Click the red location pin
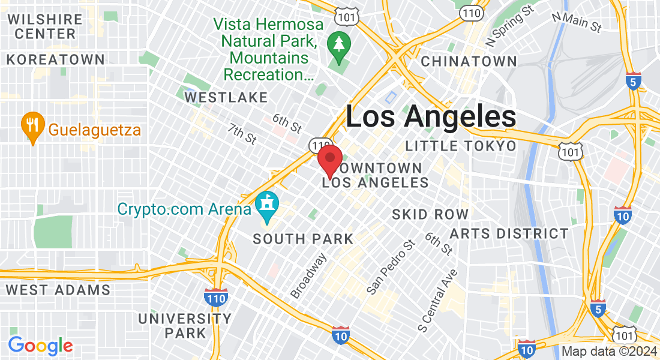(329, 160)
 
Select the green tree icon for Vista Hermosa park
(338, 46)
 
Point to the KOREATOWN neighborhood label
(56, 60)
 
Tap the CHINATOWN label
(469, 61)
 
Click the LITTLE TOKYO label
(460, 146)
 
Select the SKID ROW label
(430, 214)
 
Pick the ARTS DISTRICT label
(509, 233)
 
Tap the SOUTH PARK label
(303, 239)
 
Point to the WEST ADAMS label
(58, 290)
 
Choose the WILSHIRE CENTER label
(45, 26)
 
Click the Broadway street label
(308, 275)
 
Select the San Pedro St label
(391, 267)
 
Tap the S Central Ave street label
(438, 301)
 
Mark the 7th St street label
(242, 134)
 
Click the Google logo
(40, 346)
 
